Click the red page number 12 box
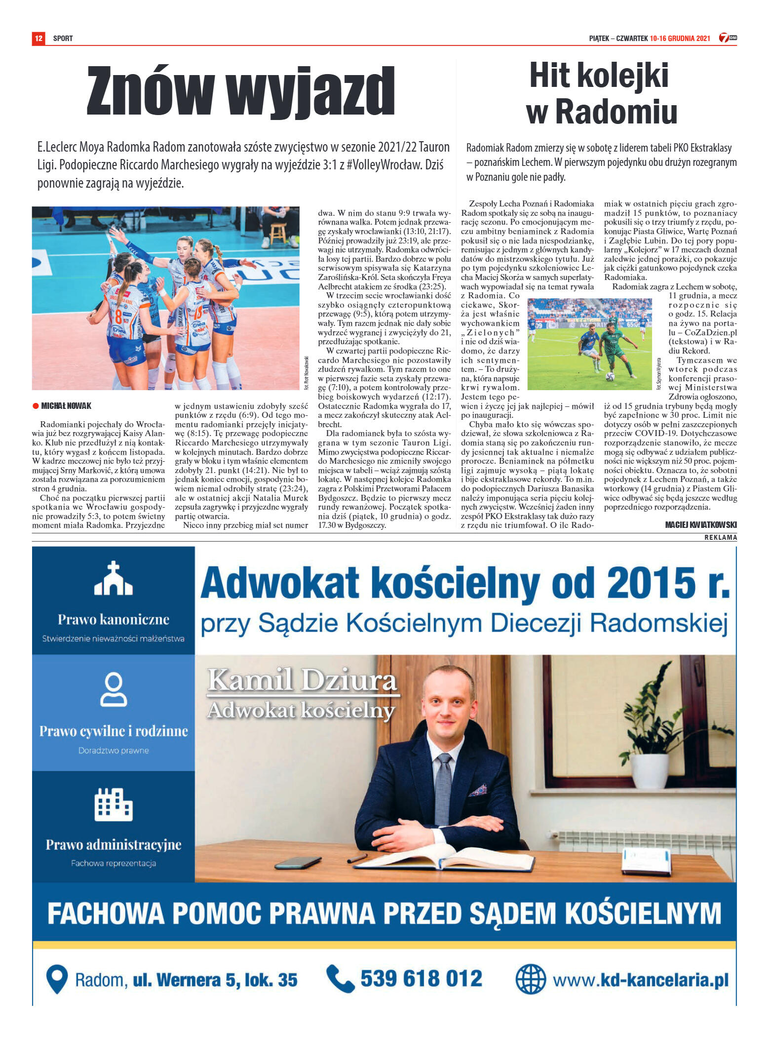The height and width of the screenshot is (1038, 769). (x=38, y=38)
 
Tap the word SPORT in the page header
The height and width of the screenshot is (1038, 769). (x=63, y=38)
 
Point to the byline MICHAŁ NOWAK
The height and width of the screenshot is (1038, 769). (x=66, y=406)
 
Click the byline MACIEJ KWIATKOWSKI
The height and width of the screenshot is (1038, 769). (x=700, y=524)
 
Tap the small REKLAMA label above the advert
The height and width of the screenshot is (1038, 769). (x=720, y=537)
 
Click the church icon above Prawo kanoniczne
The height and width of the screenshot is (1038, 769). (x=114, y=578)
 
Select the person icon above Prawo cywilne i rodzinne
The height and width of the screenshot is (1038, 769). (x=114, y=689)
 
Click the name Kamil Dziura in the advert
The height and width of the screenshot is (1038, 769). (x=302, y=680)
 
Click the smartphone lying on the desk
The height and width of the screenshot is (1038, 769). (x=298, y=863)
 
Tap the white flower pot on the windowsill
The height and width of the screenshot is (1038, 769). (x=649, y=771)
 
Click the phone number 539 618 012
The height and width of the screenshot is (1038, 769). (x=421, y=978)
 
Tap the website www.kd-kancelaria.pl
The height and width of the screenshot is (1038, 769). (x=640, y=980)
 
